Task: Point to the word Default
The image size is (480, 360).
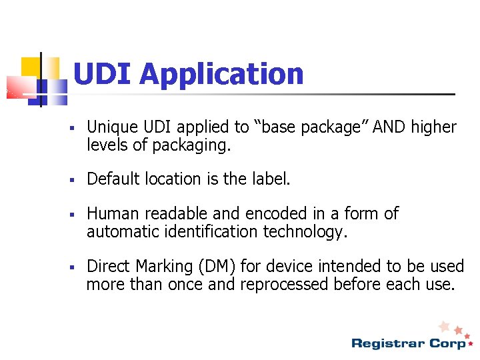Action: click(111, 179)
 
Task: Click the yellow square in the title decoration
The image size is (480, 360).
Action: click(31, 67)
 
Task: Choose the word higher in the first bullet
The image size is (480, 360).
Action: click(433, 127)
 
